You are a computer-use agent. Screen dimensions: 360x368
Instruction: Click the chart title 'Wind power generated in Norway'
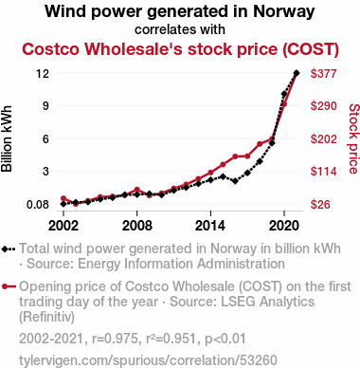click(180, 11)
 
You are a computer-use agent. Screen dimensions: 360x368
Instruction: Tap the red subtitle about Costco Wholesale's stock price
click(180, 49)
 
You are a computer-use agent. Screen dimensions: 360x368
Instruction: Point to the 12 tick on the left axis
click(43, 74)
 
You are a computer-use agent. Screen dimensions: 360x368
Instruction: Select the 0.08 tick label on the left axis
click(38, 205)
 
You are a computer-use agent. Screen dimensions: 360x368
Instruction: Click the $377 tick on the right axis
click(324, 74)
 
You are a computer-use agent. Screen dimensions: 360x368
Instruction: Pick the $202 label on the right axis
click(324, 138)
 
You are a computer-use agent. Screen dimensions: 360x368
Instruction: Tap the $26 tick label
click(320, 205)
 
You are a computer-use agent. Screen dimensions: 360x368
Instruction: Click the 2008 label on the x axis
click(137, 226)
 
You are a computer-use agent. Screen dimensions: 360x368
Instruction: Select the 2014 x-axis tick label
click(210, 226)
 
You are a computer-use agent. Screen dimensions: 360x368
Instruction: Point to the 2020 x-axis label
click(284, 226)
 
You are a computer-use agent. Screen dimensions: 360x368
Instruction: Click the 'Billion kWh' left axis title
click(7, 138)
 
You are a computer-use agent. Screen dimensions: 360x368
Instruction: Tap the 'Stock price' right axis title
click(353, 138)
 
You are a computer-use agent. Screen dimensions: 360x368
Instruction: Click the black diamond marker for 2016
click(235, 181)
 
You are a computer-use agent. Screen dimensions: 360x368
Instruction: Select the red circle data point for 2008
click(137, 190)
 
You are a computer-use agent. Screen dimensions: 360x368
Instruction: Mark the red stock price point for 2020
click(284, 104)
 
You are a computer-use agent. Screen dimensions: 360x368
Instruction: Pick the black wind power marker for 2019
click(272, 143)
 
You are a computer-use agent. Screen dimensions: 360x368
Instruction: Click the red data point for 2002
click(63, 198)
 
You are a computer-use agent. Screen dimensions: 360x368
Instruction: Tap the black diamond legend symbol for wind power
click(9, 249)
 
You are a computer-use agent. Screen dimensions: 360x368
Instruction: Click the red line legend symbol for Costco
click(9, 286)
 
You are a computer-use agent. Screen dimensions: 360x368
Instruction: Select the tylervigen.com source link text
click(148, 360)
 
